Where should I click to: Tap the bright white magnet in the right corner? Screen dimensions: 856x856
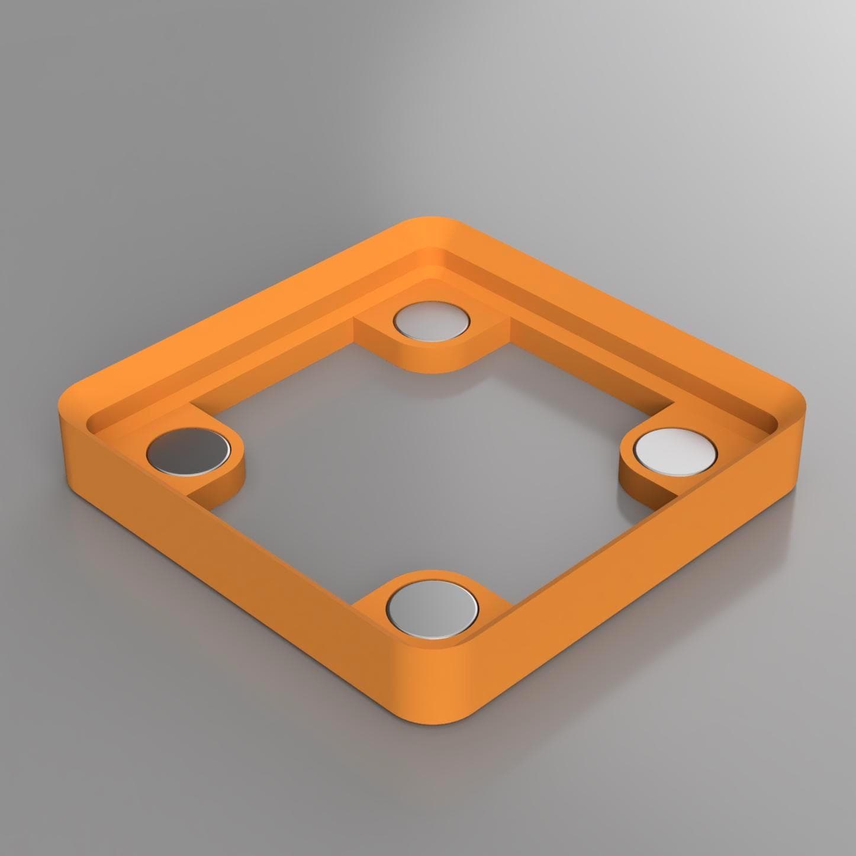[675, 451]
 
